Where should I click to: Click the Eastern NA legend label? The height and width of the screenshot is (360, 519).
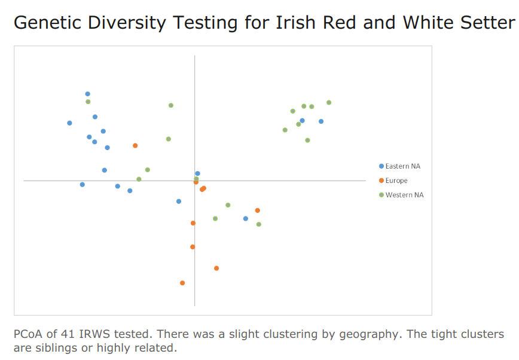pyautogui.click(x=402, y=166)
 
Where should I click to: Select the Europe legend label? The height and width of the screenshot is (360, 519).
pyautogui.click(x=396, y=181)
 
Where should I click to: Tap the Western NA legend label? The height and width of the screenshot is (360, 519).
pyautogui.click(x=404, y=195)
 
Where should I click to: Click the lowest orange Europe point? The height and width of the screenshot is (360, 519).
pyautogui.click(x=182, y=283)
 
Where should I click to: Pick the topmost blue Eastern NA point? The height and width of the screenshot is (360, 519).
pyautogui.click(x=88, y=94)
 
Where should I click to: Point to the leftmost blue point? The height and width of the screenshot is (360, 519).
pyautogui.click(x=69, y=123)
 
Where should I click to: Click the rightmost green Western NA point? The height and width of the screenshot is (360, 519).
pyautogui.click(x=329, y=103)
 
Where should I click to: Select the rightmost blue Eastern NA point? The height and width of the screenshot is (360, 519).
pyautogui.click(x=321, y=121)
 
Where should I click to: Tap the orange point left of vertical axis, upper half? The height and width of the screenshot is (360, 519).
pyautogui.click(x=135, y=146)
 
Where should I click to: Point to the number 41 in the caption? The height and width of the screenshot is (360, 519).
pyautogui.click(x=68, y=334)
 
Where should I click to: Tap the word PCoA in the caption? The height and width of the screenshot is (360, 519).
pyautogui.click(x=28, y=334)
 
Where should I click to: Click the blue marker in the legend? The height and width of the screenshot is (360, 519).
pyautogui.click(x=381, y=166)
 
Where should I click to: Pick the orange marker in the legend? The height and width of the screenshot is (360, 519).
pyautogui.click(x=381, y=181)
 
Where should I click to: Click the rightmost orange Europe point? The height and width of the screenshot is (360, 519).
pyautogui.click(x=258, y=210)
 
